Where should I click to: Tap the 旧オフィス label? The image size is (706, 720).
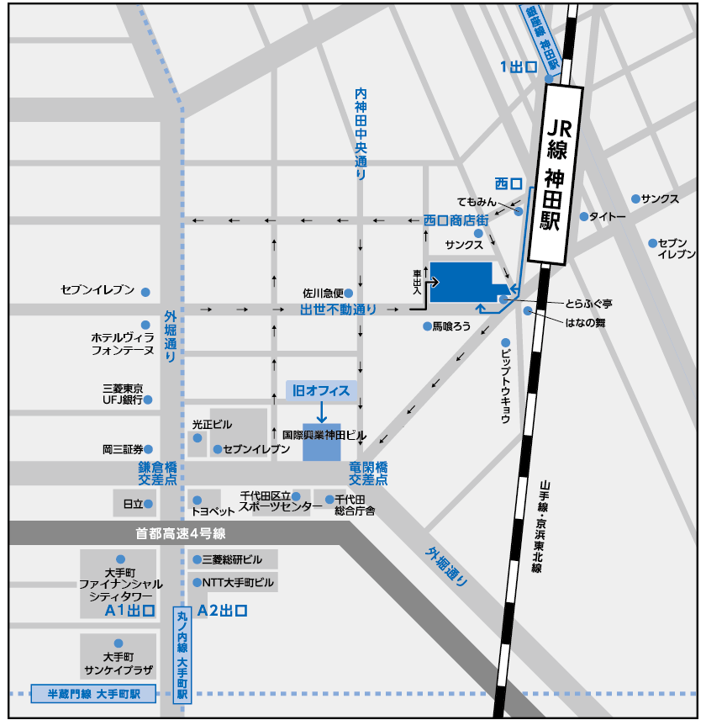coord(321,390)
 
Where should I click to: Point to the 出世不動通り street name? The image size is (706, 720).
coord(338,310)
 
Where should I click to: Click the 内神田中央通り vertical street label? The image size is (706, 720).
coord(361,135)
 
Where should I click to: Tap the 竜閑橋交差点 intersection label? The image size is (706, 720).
coord(368,474)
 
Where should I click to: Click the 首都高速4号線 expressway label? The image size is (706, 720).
coord(181,533)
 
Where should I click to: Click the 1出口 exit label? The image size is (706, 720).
coord(518,67)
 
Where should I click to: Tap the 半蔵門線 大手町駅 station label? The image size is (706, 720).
coord(93,695)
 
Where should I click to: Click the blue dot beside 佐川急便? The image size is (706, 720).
coord(349,294)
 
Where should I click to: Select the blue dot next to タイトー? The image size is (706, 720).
coord(583,216)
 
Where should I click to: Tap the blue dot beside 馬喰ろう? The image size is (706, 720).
coord(427,326)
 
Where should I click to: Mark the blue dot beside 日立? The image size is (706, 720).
coord(148,505)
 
